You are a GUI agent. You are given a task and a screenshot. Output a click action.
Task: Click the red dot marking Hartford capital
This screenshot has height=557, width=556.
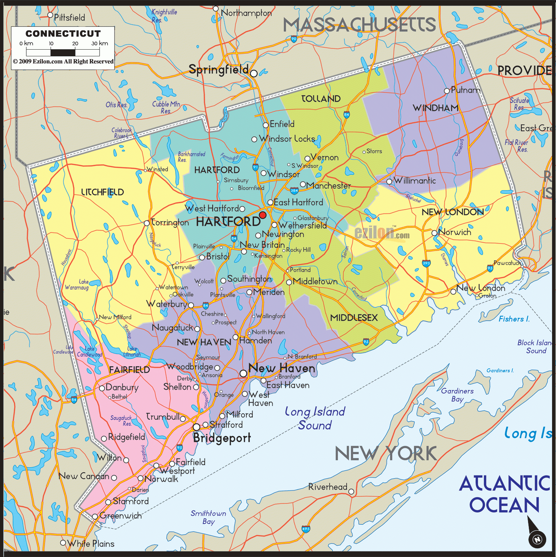(x=263, y=215)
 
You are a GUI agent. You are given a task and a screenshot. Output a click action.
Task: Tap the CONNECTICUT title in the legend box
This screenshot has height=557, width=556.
(x=63, y=34)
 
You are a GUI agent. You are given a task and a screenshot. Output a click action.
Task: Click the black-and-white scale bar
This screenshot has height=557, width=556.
(x=63, y=52)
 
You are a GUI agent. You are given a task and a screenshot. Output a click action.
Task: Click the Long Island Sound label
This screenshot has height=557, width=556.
(x=315, y=418)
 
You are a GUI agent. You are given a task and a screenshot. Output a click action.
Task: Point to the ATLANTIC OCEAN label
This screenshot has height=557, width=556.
(x=504, y=494)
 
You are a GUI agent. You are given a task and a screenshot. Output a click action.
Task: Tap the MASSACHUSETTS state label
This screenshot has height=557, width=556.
(x=359, y=25)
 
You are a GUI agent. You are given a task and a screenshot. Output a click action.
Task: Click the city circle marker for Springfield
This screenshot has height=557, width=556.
(x=254, y=73)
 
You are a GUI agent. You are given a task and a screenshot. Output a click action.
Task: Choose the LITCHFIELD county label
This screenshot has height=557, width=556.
(x=102, y=192)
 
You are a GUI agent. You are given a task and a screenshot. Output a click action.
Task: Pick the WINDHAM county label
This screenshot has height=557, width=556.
(x=436, y=108)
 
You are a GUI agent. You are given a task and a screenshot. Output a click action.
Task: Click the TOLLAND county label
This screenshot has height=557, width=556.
(x=321, y=99)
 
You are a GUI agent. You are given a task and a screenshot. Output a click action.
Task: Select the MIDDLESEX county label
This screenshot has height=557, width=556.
(x=354, y=317)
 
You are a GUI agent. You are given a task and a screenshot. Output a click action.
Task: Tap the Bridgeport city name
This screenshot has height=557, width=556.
(x=222, y=438)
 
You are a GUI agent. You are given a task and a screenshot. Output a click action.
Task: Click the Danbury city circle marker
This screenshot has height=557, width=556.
(x=102, y=388)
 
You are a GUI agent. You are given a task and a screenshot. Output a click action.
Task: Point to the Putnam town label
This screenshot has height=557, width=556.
(x=466, y=90)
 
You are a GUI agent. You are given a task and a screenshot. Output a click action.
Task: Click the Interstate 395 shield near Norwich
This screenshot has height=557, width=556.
(x=426, y=263)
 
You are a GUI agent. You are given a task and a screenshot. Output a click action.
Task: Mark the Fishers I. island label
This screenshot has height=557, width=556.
(x=514, y=319)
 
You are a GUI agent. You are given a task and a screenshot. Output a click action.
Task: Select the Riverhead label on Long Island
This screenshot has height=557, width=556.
(x=328, y=487)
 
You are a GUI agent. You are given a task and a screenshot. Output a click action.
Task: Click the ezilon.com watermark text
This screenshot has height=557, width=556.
(x=382, y=233)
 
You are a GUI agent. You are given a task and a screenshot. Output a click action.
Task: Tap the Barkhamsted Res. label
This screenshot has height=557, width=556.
(x=191, y=157)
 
